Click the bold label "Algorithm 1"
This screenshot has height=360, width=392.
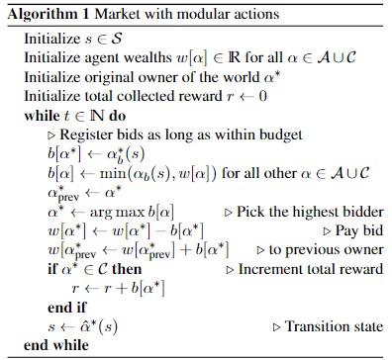point(49,14)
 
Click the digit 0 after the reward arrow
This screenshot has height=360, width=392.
point(262,96)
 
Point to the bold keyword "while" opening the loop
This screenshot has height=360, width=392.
point(42,116)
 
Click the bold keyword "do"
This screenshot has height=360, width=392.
point(117,116)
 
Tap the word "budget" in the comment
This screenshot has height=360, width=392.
point(281,135)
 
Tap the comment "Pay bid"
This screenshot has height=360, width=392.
point(359,230)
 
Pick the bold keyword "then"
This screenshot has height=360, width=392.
point(127,269)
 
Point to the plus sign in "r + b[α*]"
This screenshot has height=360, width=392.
point(122,289)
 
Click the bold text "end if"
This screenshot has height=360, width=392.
point(67,308)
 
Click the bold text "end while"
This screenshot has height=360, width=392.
point(56,345)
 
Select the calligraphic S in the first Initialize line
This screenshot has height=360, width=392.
point(116,39)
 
